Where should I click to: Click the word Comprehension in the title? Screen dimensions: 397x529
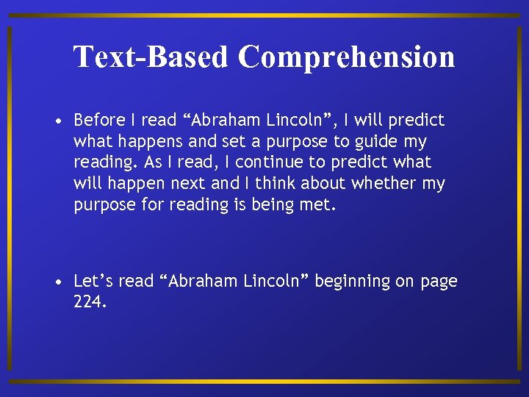coord(346,57)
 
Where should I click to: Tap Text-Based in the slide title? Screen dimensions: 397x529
coord(151,57)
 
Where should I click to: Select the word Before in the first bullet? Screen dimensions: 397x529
coord(99,120)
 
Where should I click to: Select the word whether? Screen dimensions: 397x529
coord(384,184)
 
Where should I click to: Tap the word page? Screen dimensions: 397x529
coord(439,282)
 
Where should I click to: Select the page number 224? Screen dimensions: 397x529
coord(90,301)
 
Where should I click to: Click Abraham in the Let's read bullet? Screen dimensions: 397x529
coord(200,281)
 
